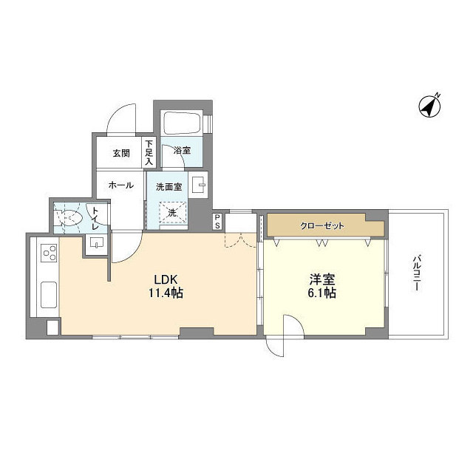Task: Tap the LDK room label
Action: tap(166, 279)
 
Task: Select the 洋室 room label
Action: tap(322, 279)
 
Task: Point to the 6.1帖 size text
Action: tap(322, 293)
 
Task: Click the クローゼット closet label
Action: tap(321, 225)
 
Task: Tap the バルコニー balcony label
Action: tap(416, 273)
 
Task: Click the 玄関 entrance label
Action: tap(121, 154)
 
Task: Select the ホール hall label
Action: tap(120, 186)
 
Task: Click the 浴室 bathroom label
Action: tap(182, 151)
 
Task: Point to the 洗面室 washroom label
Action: tap(169, 187)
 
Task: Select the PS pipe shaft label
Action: tap(217, 221)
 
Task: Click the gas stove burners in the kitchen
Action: tap(49, 254)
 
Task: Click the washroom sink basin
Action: tap(199, 185)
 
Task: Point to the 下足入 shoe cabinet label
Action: tap(149, 153)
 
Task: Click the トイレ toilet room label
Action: tap(95, 217)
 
